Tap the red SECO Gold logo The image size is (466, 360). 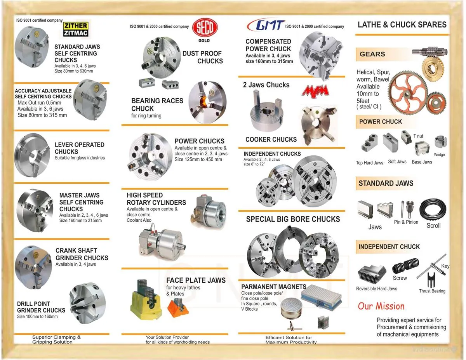tap(206, 29)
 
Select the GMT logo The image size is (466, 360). tap(266, 25)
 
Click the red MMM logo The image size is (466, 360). tap(315, 90)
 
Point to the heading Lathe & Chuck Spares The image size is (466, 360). tap(402, 24)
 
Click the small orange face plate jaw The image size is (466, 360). tap(178, 308)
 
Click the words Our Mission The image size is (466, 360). tap(381, 306)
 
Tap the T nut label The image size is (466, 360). tap(418, 136)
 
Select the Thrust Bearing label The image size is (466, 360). tap(432, 291)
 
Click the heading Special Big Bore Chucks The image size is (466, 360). tap(293, 219)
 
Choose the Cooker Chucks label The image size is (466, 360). tap(271, 139)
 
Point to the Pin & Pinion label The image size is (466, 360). tap(406, 222)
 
